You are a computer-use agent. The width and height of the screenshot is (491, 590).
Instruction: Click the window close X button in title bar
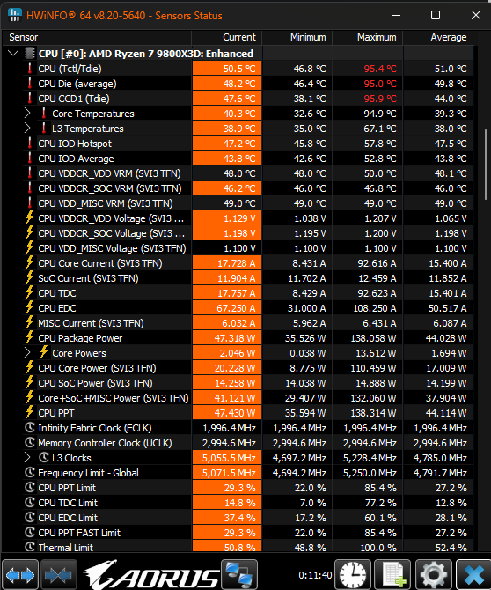[x=476, y=15]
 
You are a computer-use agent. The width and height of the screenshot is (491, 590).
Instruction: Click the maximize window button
[x=436, y=15]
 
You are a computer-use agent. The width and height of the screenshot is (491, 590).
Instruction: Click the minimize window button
[x=395, y=16]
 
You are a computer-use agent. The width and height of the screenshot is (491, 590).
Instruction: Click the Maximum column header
[x=377, y=37]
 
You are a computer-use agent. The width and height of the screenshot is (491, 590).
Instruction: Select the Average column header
[x=448, y=37]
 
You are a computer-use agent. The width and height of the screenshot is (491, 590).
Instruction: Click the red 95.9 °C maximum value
[x=380, y=99]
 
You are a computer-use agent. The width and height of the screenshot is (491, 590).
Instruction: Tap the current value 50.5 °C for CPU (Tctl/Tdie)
[x=239, y=69]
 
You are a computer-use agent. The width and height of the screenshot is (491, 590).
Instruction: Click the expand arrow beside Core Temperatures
[x=27, y=114]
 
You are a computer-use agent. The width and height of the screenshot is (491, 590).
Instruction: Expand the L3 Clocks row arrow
[x=27, y=458]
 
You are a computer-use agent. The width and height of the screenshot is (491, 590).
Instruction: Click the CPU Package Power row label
[x=80, y=338]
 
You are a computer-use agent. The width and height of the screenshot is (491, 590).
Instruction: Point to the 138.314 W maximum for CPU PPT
[x=373, y=413]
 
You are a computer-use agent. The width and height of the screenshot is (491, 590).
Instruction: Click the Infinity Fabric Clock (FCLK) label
[x=95, y=428]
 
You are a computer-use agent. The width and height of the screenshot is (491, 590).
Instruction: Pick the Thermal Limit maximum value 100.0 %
[x=378, y=548]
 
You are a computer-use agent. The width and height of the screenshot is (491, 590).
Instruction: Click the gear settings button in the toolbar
[x=434, y=574]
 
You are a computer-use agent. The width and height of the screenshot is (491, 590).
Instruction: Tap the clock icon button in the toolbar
[x=352, y=574]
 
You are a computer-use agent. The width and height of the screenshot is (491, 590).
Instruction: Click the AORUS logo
[x=151, y=574]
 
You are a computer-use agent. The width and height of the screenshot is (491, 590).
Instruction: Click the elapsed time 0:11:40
[x=315, y=575]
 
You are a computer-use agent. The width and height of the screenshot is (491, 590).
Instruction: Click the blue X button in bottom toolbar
[x=473, y=574]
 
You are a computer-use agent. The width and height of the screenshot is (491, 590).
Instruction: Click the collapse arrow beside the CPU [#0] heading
[x=13, y=53]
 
